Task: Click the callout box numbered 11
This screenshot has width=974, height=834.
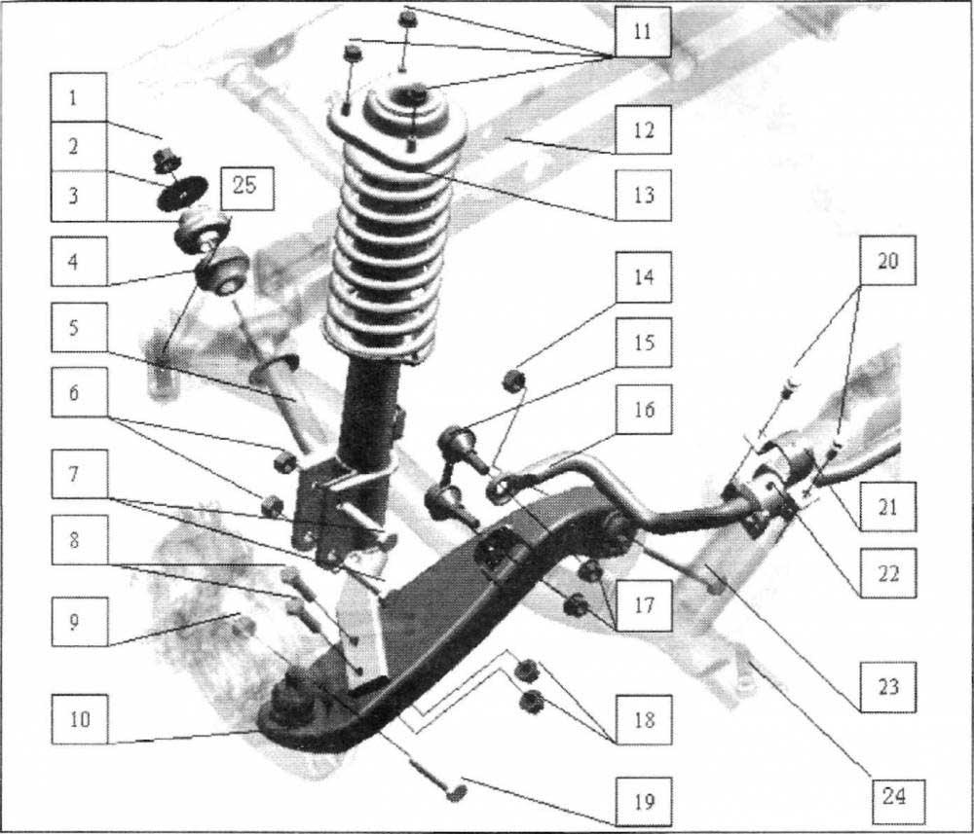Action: point(642,32)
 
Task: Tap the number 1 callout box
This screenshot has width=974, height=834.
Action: point(78,97)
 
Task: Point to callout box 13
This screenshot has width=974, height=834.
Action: point(643,195)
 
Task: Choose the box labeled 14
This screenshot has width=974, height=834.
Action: point(644,276)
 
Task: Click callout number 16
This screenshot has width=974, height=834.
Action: point(644,409)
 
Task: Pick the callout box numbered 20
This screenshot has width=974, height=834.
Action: point(887,261)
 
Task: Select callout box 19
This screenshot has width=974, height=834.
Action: point(644,801)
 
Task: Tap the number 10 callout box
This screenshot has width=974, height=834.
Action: point(80,718)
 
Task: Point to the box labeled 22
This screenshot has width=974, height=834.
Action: point(887,573)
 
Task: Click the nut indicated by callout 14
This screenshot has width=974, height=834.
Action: point(514,381)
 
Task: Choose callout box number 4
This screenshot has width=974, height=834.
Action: point(79,261)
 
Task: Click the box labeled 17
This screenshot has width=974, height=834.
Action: point(644,605)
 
